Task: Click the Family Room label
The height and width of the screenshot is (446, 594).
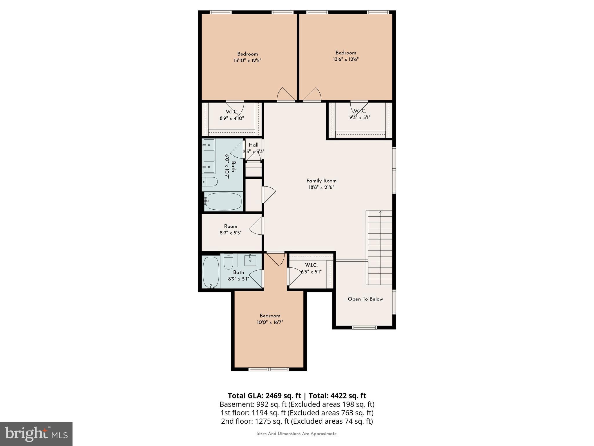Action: pyautogui.click(x=321, y=181)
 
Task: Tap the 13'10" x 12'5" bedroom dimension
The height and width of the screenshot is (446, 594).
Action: pyautogui.click(x=247, y=61)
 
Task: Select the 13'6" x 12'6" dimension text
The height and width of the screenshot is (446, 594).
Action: pyautogui.click(x=346, y=60)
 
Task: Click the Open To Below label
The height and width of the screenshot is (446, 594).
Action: pyautogui.click(x=365, y=299)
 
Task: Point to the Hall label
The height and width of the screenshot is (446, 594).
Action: pyautogui.click(x=253, y=145)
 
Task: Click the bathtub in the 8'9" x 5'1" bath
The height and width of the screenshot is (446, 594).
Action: pyautogui.click(x=211, y=272)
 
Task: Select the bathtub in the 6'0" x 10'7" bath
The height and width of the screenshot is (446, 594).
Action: pyautogui.click(x=223, y=201)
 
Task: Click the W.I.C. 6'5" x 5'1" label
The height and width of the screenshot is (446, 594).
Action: pyautogui.click(x=311, y=265)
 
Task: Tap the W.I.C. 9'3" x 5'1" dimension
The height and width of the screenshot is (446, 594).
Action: pyautogui.click(x=360, y=118)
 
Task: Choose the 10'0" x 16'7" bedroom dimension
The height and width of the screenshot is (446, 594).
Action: pyautogui.click(x=270, y=322)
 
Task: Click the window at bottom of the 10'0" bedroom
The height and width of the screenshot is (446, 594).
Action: pyautogui.click(x=269, y=369)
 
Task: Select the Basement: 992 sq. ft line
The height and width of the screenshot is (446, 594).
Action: pyautogui.click(x=297, y=404)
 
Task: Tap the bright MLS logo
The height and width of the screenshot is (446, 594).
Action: pyautogui.click(x=36, y=434)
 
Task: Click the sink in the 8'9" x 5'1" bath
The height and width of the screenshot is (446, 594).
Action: pyautogui.click(x=250, y=260)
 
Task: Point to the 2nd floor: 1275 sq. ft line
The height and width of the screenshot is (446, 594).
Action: pyautogui.click(x=297, y=421)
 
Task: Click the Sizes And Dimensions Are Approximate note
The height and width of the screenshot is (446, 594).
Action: pyautogui.click(x=297, y=434)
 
